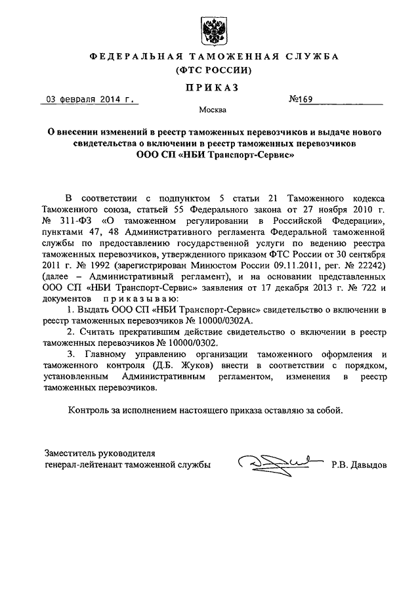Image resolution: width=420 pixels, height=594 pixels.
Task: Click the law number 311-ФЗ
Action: (x=74, y=220)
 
